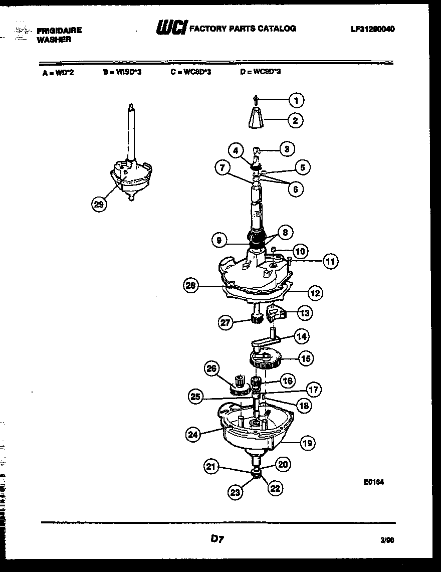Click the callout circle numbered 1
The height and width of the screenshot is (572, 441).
click(x=296, y=101)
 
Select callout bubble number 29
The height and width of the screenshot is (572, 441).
click(x=99, y=204)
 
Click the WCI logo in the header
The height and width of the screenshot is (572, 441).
click(x=171, y=28)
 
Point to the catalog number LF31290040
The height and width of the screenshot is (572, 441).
click(x=372, y=29)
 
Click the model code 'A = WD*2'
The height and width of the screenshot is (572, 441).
click(x=58, y=72)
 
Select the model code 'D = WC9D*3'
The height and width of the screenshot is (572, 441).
click(x=260, y=72)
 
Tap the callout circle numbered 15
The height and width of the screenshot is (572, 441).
click(x=306, y=358)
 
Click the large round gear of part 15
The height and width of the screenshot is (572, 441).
click(x=264, y=359)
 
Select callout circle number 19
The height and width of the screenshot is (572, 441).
click(x=307, y=442)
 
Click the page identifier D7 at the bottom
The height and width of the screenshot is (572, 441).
click(x=216, y=539)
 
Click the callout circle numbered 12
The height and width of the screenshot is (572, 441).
click(x=315, y=293)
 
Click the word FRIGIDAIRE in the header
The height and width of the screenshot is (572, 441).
click(x=59, y=31)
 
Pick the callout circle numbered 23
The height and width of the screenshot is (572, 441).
click(x=236, y=493)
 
